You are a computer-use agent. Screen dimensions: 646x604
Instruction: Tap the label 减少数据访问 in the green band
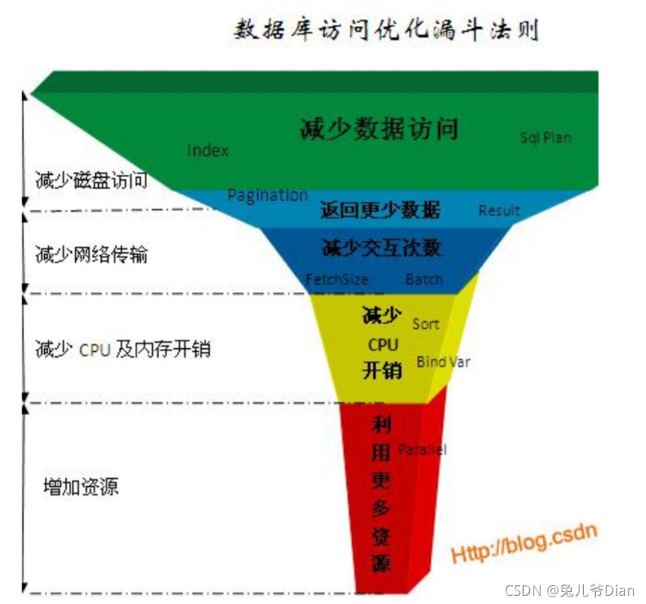coord(378,129)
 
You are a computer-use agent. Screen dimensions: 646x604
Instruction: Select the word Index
coord(208,150)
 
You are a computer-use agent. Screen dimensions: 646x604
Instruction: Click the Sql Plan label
coord(546,137)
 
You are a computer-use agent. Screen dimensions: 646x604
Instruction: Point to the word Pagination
coord(268,195)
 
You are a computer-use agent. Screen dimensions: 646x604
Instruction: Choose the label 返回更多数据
coord(380,210)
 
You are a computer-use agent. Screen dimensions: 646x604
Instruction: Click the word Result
coord(499,211)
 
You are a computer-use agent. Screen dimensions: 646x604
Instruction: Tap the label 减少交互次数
coord(381,247)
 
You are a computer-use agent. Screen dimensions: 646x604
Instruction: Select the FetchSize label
coord(337,279)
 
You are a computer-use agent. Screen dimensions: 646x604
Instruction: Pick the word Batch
coord(424,279)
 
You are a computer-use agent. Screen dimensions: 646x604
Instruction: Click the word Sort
coord(426,324)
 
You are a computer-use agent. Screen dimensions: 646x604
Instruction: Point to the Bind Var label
coord(443,362)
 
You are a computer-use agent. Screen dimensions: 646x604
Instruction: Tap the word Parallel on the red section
coord(422,449)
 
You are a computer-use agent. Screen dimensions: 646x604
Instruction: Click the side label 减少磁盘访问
coord(91,180)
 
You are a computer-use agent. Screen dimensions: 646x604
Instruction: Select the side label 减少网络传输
coord(91,254)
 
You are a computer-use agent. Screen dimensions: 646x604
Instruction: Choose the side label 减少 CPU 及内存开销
coord(122,349)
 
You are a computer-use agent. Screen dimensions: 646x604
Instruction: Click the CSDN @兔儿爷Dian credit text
coord(570,590)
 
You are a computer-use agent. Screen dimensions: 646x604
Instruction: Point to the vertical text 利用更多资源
coord(381,493)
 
